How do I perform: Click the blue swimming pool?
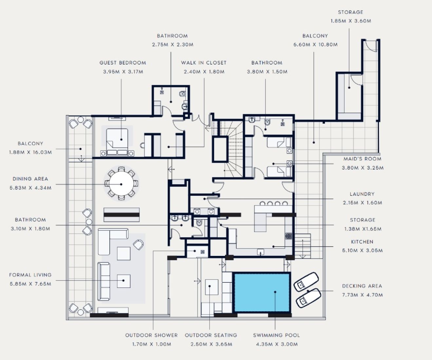262,292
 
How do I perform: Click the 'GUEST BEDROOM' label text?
123,63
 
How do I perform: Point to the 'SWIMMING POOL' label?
276,335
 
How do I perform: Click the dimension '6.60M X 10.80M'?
315,45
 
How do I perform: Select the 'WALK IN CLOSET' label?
204,63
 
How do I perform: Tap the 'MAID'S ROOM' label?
362,159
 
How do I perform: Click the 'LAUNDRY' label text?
362,194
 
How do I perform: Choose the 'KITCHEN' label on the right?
362,242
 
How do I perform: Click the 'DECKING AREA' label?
362,286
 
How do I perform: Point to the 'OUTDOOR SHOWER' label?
151,335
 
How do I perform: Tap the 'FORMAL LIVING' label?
30,275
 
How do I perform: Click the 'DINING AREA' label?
30,179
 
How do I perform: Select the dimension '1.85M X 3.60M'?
351,21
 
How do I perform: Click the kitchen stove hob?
289,236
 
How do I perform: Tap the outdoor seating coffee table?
211,287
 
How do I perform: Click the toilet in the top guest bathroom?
182,94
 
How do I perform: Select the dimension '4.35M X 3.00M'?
276,344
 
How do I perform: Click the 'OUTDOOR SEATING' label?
211,335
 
